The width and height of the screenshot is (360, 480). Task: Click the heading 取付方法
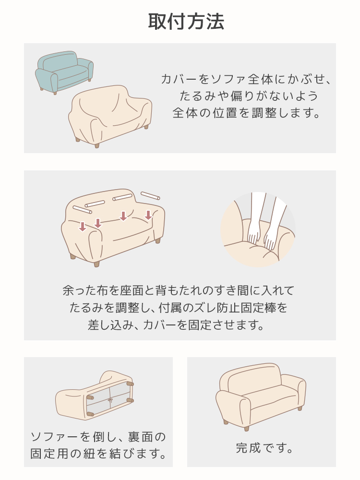(186, 22)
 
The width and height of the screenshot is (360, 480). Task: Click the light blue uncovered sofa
(64, 72)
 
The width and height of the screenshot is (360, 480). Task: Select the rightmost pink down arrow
(148, 215)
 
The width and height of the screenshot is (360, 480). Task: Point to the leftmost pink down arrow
(83, 227)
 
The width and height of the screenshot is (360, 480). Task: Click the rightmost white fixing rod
(150, 195)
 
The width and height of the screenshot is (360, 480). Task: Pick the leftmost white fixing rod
(83, 209)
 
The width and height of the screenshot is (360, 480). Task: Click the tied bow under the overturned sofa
(110, 401)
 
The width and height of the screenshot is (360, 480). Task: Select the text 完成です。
(264, 448)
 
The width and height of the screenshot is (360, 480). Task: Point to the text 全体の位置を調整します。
(246, 113)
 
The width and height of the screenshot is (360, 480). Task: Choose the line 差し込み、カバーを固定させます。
(176, 325)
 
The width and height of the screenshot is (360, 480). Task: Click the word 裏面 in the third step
(141, 437)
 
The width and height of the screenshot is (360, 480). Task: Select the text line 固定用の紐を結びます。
(98, 454)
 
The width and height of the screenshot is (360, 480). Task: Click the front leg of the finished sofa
(246, 428)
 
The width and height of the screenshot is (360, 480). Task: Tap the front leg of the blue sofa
(55, 93)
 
